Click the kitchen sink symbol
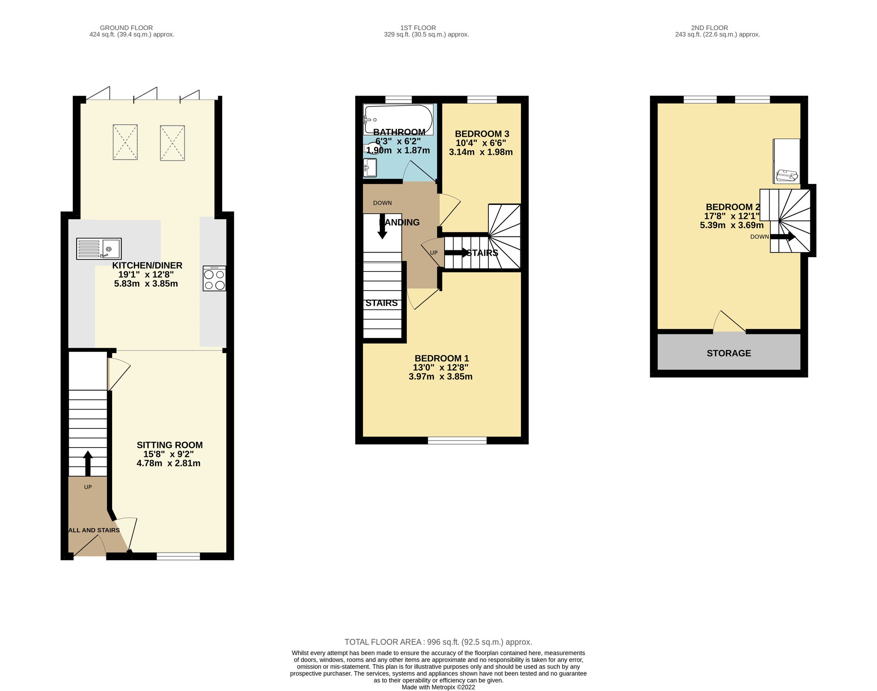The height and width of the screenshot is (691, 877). click(99, 249)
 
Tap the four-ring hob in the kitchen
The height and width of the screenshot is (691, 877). click(214, 279)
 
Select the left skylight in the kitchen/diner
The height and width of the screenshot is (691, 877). click(125, 142)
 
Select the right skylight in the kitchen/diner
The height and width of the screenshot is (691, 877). click(172, 143)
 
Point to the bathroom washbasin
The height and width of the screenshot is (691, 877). click(370, 168)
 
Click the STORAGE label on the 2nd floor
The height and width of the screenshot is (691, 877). click(729, 353)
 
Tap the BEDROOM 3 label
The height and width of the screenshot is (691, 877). click(481, 134)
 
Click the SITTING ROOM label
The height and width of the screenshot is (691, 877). click(170, 445)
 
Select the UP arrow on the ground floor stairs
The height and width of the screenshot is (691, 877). click(88, 463)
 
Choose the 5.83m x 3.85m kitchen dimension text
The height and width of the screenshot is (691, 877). click(146, 284)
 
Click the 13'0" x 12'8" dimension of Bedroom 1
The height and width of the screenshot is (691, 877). click(440, 367)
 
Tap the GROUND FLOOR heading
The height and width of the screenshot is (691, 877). click(126, 28)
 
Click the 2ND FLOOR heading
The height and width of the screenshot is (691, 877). click(709, 28)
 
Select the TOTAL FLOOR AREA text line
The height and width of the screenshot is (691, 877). click(438, 642)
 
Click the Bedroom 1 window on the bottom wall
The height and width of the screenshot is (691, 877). click(457, 441)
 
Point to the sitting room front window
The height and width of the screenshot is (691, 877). click(178, 557)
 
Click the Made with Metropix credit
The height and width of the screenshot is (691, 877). click(438, 687)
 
